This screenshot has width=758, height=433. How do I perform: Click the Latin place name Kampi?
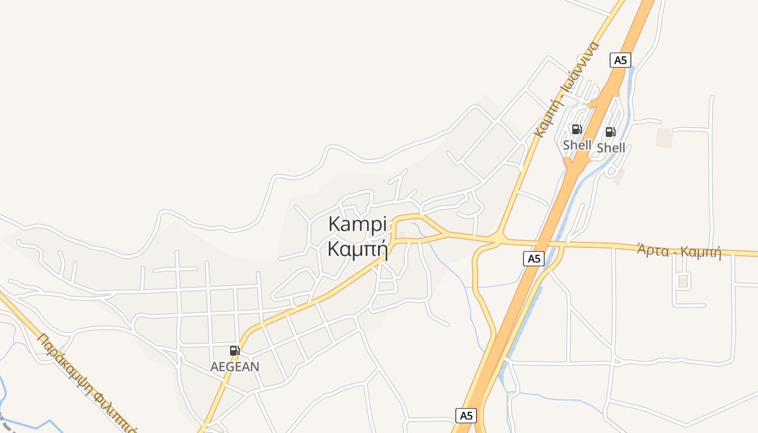(357, 225)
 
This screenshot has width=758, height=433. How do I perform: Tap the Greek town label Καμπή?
(357, 250)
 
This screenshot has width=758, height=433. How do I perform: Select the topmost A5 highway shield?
(620, 60)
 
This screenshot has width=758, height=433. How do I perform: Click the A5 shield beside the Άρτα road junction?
(534, 259)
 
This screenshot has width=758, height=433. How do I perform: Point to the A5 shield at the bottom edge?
(466, 416)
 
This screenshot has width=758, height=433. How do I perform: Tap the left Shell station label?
(577, 145)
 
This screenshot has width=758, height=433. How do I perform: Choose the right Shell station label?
(611, 148)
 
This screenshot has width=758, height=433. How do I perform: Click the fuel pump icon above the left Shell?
(577, 129)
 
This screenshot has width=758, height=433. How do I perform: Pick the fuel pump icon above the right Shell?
(610, 132)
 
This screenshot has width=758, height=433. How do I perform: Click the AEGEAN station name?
(234, 366)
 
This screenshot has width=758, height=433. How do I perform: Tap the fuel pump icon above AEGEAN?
(234, 351)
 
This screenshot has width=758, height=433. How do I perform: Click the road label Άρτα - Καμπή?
(679, 251)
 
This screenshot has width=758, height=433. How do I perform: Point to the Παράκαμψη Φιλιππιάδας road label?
(87, 382)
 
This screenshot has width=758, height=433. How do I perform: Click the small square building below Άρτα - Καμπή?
(683, 281)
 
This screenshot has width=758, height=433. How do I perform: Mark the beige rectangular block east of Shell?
(664, 137)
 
